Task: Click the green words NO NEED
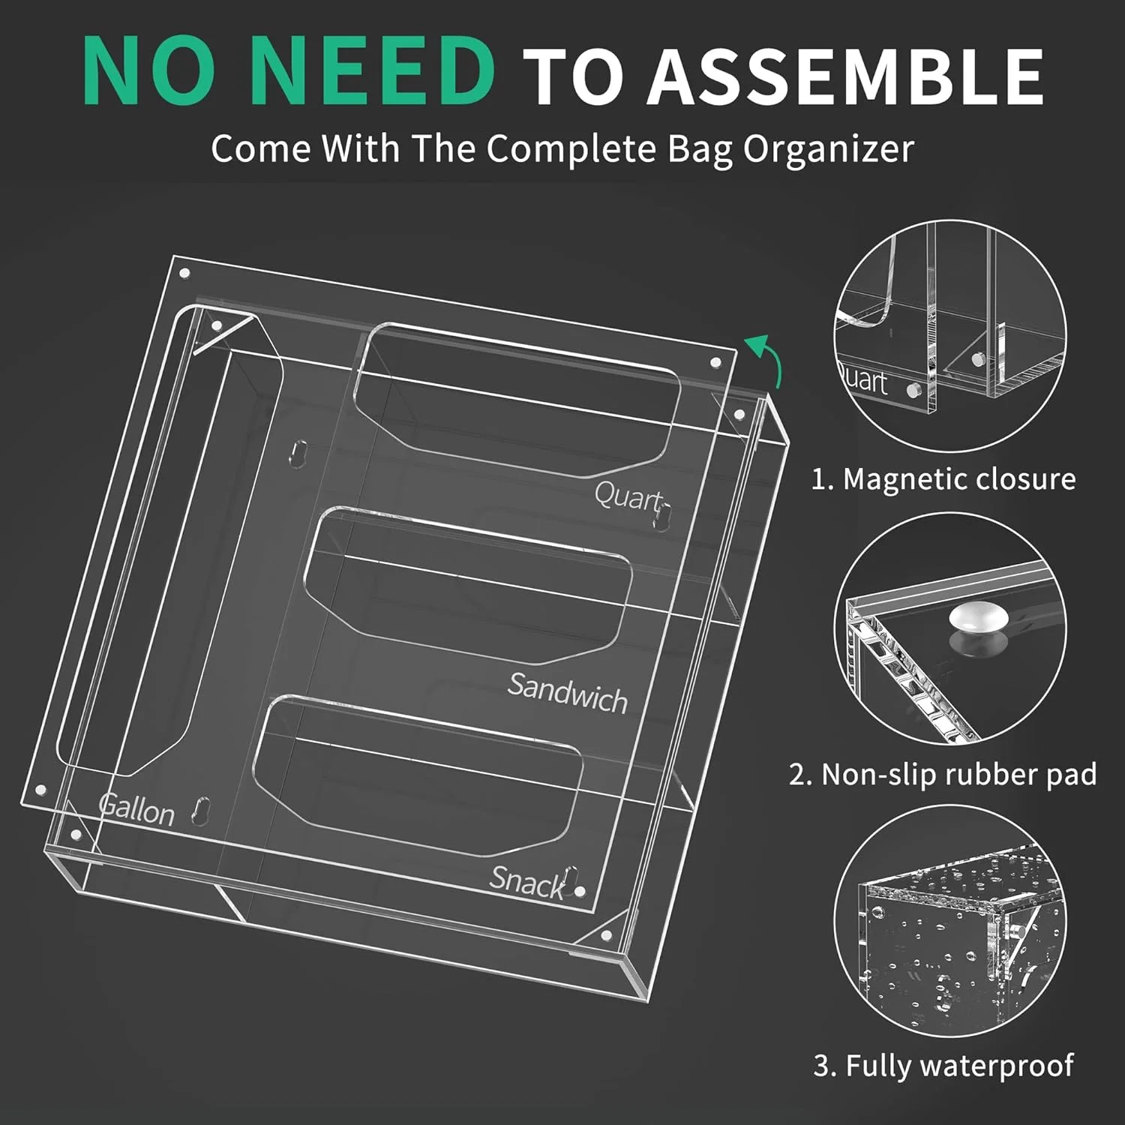coord(289,73)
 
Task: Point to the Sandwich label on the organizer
coord(567,693)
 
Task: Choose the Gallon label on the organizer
coord(136,808)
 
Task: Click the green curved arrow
coord(766,358)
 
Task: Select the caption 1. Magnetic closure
coord(943,478)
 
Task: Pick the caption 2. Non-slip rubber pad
coord(943,773)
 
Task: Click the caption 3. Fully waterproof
coord(943,1065)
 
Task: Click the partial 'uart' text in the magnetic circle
coord(862,380)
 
